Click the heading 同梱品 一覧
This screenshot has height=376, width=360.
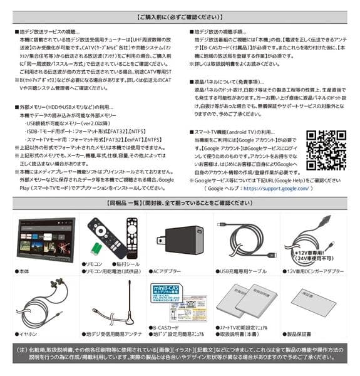point(180,203)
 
